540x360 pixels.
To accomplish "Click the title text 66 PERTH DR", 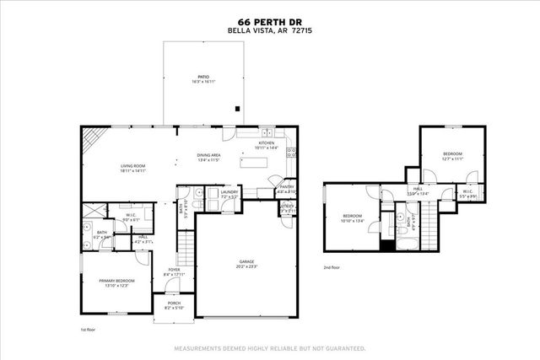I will [x=269, y=23].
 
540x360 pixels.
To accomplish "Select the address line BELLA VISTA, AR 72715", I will [x=269, y=31].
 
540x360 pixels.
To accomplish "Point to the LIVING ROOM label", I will [x=133, y=168].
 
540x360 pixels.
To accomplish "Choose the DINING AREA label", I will [x=208, y=157].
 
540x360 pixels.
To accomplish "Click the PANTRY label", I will [x=287, y=189].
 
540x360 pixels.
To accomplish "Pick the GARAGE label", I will [x=246, y=263].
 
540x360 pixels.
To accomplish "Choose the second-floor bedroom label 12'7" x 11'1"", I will [x=453, y=155].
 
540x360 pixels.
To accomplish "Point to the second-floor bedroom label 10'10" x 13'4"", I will [x=352, y=217].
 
